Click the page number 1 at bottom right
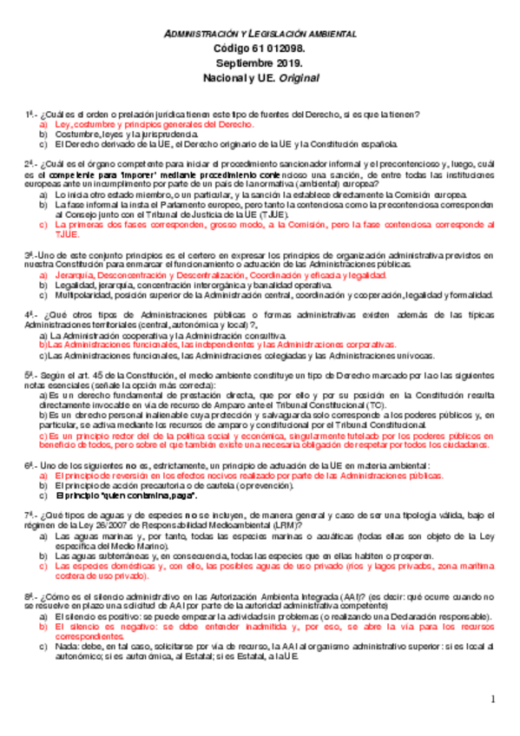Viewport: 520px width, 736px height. (491, 700)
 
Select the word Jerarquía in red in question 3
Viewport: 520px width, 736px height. (72, 274)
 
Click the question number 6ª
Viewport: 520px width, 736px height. (29, 465)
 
